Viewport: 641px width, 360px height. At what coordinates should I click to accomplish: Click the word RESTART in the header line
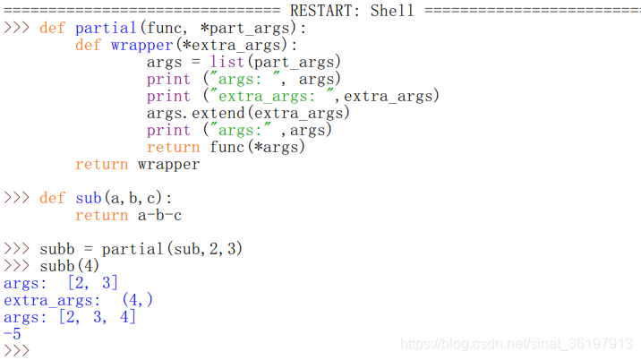click(x=326, y=11)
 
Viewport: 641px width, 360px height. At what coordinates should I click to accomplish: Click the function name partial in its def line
click(x=106, y=28)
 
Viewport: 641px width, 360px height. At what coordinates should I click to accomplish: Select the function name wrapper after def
click(x=141, y=45)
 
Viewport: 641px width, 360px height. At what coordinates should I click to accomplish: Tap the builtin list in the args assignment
click(x=227, y=62)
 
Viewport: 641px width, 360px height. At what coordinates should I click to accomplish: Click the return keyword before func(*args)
click(x=173, y=147)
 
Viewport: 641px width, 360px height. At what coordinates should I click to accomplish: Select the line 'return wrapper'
click(x=137, y=164)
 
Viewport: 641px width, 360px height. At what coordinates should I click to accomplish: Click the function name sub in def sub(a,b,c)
click(x=88, y=198)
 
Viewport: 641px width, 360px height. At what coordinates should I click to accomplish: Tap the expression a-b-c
click(x=159, y=215)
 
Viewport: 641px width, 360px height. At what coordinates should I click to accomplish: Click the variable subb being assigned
click(x=56, y=249)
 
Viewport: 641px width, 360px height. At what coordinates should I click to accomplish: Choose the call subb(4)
click(x=70, y=266)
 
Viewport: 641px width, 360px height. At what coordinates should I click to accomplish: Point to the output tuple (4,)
click(x=137, y=300)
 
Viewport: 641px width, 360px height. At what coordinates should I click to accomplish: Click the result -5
click(x=13, y=334)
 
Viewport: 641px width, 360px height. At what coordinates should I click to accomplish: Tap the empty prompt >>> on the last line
click(x=17, y=350)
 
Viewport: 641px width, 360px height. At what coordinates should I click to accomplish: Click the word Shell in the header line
click(x=392, y=11)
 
